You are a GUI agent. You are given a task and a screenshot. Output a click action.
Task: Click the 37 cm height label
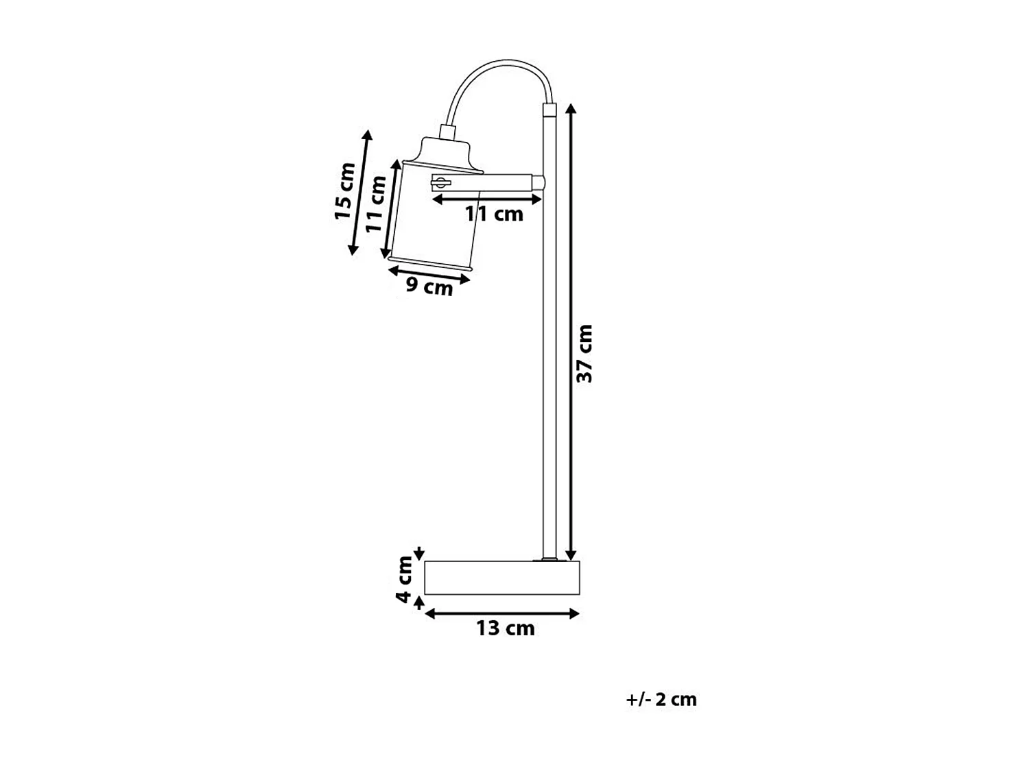click(x=584, y=353)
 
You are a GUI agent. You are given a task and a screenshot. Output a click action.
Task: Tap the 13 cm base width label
click(x=506, y=628)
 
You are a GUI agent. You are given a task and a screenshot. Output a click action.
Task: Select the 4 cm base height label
click(x=405, y=580)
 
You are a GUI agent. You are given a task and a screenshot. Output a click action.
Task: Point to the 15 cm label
click(x=344, y=191)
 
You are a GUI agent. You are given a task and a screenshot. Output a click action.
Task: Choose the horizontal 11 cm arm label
click(x=494, y=214)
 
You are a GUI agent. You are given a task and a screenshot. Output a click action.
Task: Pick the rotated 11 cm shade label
click(x=375, y=204)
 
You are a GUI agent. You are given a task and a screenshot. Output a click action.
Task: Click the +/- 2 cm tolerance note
click(x=661, y=700)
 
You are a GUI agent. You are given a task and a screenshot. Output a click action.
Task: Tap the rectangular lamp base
click(x=502, y=577)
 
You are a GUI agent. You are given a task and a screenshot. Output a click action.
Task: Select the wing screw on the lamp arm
click(x=440, y=182)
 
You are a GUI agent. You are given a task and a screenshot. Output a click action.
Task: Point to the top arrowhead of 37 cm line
click(x=571, y=108)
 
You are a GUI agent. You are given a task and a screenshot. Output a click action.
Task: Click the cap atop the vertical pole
click(x=549, y=109)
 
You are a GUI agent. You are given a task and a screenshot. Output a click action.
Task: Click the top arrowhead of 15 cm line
click(x=368, y=134)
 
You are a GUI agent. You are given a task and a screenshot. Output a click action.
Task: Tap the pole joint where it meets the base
click(x=549, y=559)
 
